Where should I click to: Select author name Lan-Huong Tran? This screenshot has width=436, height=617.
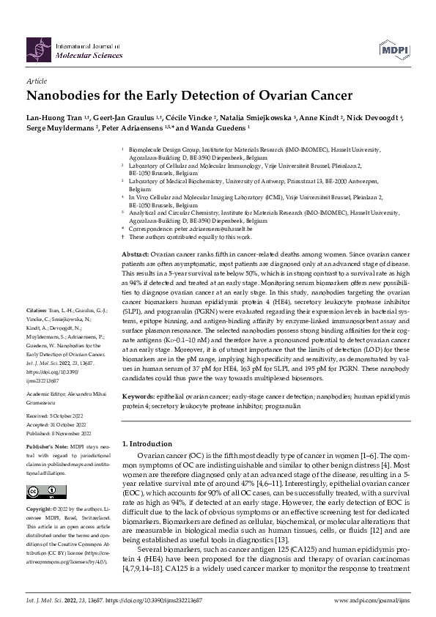(53, 117)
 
